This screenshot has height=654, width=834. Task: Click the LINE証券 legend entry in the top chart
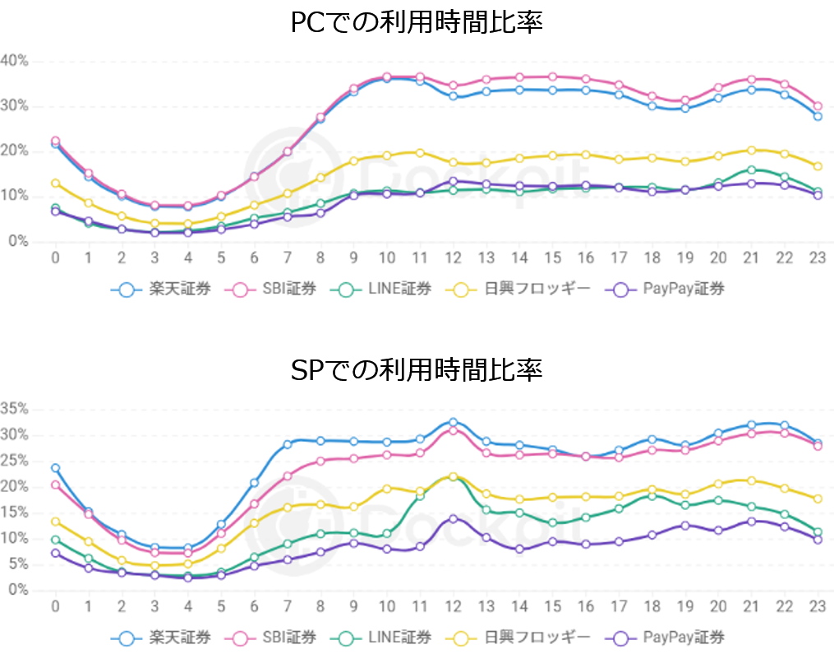pos(386,289)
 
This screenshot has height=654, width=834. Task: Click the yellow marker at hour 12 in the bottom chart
pos(453,477)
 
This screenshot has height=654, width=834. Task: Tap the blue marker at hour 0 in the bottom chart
pos(55,468)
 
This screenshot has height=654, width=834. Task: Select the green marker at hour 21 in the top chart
pos(751,170)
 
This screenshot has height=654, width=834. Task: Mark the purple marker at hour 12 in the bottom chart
pos(453,519)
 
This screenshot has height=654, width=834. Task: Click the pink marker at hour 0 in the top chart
pos(55,141)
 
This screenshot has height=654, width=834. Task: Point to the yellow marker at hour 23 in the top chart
pos(818,166)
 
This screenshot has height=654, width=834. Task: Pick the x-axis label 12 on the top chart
pos(453,257)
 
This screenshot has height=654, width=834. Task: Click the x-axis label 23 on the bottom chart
pos(818,605)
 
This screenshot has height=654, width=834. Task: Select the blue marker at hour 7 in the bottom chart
pos(288,445)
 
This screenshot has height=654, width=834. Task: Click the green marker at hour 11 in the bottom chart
pos(420,496)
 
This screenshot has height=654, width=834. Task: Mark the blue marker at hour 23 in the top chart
pos(818,117)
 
